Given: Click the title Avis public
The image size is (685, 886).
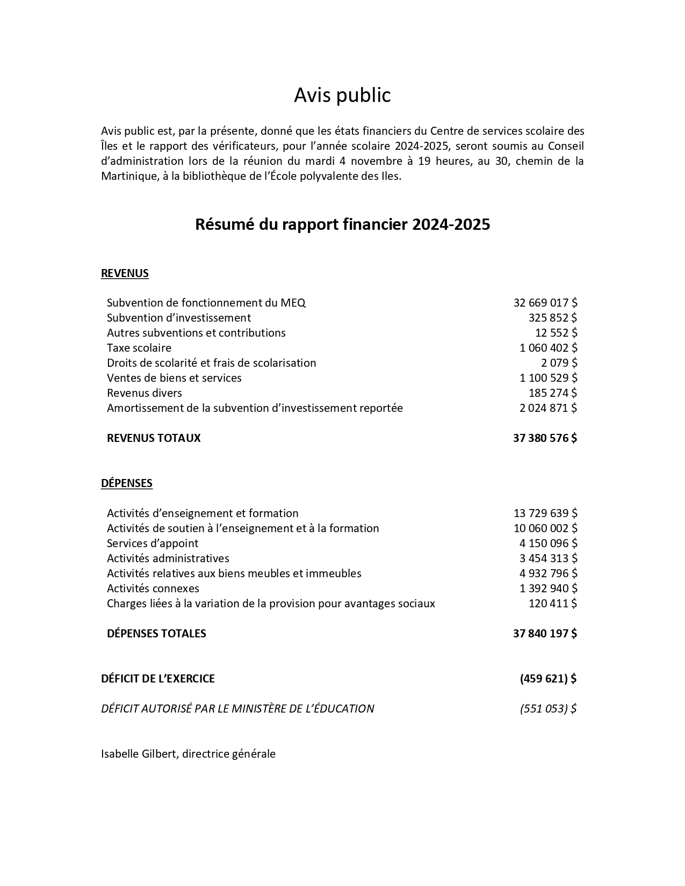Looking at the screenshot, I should click(x=342, y=95).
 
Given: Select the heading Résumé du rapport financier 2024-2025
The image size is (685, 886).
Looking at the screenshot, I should click(x=342, y=224).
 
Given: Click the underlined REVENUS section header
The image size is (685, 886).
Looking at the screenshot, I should click(x=125, y=273).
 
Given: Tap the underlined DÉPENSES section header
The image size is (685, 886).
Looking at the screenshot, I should click(x=127, y=483).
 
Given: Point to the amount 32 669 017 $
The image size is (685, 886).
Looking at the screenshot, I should click(x=545, y=303).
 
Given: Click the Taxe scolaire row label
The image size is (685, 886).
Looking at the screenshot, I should click(x=139, y=348).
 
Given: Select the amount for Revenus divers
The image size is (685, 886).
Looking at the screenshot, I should click(x=553, y=393).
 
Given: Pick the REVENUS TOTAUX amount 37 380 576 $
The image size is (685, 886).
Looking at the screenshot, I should click(x=545, y=438).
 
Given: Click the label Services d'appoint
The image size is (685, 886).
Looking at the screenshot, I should click(x=153, y=543).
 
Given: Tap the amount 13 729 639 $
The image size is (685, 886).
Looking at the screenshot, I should click(x=545, y=513).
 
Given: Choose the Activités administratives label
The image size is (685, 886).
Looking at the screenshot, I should click(x=168, y=558).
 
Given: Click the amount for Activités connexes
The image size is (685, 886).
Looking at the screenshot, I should click(x=548, y=589).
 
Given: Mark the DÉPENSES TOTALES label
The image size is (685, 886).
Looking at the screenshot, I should click(x=156, y=634).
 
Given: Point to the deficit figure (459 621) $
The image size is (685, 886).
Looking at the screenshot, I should click(x=548, y=679).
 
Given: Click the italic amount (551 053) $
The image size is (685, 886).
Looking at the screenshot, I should click(x=548, y=709).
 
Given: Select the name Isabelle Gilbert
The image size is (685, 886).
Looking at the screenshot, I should click(x=139, y=754).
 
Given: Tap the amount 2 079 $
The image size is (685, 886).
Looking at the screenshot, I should click(x=559, y=363).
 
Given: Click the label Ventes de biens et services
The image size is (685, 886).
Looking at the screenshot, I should click(x=174, y=378).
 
